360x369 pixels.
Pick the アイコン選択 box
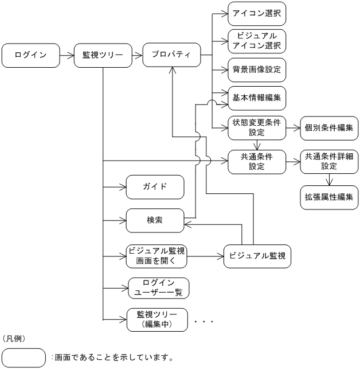pos(257,13)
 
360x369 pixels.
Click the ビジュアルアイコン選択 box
pos(257,41)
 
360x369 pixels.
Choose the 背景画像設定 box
pos(257,69)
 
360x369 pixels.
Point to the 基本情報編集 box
pos(257,97)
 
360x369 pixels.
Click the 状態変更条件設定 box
pos(257,127)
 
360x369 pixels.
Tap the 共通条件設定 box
pos(257,162)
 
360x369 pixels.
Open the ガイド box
pos(155,187)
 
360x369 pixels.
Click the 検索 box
pos(155,220)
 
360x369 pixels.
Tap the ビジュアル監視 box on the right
pos(257,255)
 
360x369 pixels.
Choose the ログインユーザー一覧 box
pos(158,288)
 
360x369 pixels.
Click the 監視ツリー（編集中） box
pos(158,319)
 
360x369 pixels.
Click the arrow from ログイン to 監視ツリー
pos(68,56)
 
